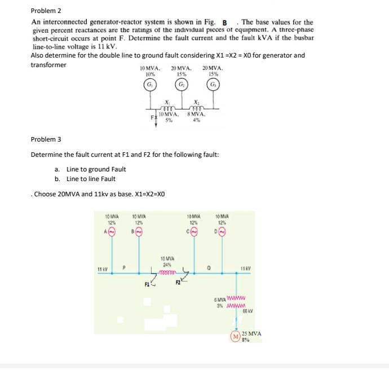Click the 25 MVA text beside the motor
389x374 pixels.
(x=251, y=333)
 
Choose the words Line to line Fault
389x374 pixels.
(x=91, y=179)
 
